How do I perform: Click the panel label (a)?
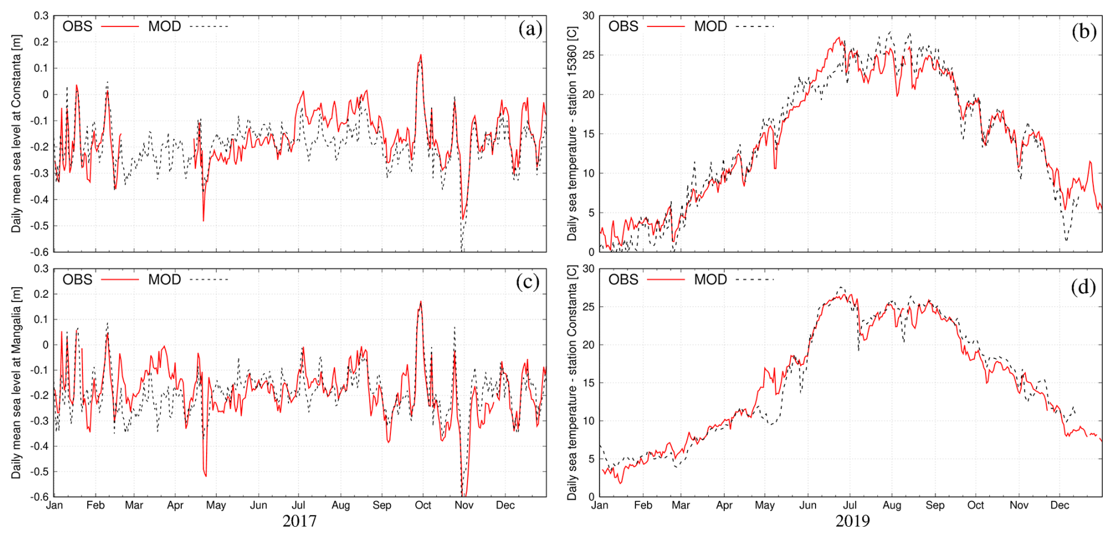(529, 29)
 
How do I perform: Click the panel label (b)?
(1084, 31)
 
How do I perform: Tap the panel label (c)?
(528, 282)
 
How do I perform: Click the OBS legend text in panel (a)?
(77, 26)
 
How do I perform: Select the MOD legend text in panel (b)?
(710, 26)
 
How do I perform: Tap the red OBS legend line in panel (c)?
(120, 280)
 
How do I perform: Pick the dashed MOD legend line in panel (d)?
(755, 280)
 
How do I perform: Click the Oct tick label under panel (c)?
(423, 506)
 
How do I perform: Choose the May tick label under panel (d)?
(765, 506)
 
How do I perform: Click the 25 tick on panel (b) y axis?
(588, 55)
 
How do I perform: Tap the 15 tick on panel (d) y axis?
(588, 383)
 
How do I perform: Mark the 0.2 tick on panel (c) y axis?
(41, 294)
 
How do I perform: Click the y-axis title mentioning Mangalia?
(16, 383)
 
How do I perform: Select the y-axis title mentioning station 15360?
(572, 134)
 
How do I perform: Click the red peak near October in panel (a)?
(420, 55)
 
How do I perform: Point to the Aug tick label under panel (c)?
(340, 506)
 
